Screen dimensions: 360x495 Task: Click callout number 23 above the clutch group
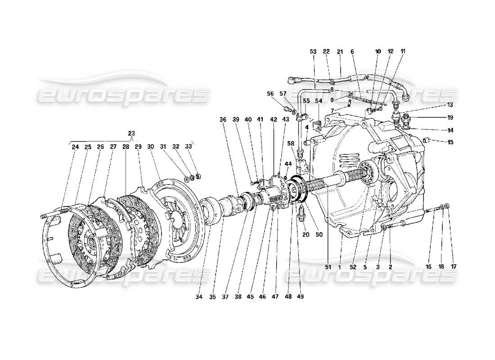[131, 133]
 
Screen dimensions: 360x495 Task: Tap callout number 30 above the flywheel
[150, 147]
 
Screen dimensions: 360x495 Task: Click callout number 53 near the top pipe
[313, 52]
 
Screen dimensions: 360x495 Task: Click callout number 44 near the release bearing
[288, 163]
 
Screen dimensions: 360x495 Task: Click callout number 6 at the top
[352, 52]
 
